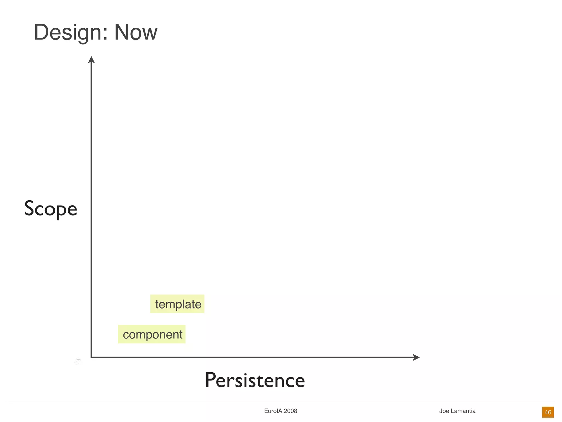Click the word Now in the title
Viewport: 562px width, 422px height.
click(x=136, y=32)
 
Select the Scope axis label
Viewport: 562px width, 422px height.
click(x=51, y=209)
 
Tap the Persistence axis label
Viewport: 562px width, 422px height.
click(x=255, y=380)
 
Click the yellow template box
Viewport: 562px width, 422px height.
click(x=177, y=304)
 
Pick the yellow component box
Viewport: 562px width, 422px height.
click(x=152, y=334)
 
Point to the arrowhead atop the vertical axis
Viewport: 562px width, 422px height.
click(x=91, y=60)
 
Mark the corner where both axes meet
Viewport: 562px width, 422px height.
click(x=91, y=357)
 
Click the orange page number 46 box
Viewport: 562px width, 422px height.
click(x=548, y=412)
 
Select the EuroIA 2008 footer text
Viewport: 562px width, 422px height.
click(x=280, y=411)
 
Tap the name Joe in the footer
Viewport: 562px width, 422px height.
click(x=444, y=411)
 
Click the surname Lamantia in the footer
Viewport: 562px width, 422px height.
click(x=463, y=411)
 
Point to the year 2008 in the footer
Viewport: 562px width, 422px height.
click(x=290, y=411)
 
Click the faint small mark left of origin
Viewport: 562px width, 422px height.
click(x=78, y=361)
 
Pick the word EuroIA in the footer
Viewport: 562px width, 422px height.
click(x=273, y=411)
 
